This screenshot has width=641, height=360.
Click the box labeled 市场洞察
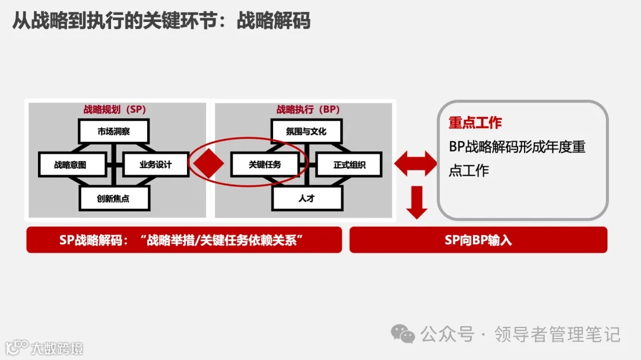(x=113, y=131)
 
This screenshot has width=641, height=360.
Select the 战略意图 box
(x=70, y=165)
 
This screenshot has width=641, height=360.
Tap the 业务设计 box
(x=156, y=165)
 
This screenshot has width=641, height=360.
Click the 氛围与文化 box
(x=306, y=131)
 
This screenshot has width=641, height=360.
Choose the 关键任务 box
(x=264, y=165)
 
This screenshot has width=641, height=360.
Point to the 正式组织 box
(x=349, y=165)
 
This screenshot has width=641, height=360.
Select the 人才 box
(x=307, y=199)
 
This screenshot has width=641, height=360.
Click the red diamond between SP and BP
(x=205, y=164)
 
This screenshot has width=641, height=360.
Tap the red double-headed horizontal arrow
(x=415, y=164)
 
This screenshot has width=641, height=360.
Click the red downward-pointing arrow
(x=417, y=202)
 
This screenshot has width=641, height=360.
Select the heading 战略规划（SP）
(x=115, y=110)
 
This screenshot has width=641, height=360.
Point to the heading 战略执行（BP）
(x=307, y=110)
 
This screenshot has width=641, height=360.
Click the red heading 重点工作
(x=475, y=123)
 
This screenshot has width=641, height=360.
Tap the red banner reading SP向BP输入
(x=478, y=240)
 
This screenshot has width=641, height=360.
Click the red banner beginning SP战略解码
(x=184, y=240)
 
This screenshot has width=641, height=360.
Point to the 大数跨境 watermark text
(x=57, y=348)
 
